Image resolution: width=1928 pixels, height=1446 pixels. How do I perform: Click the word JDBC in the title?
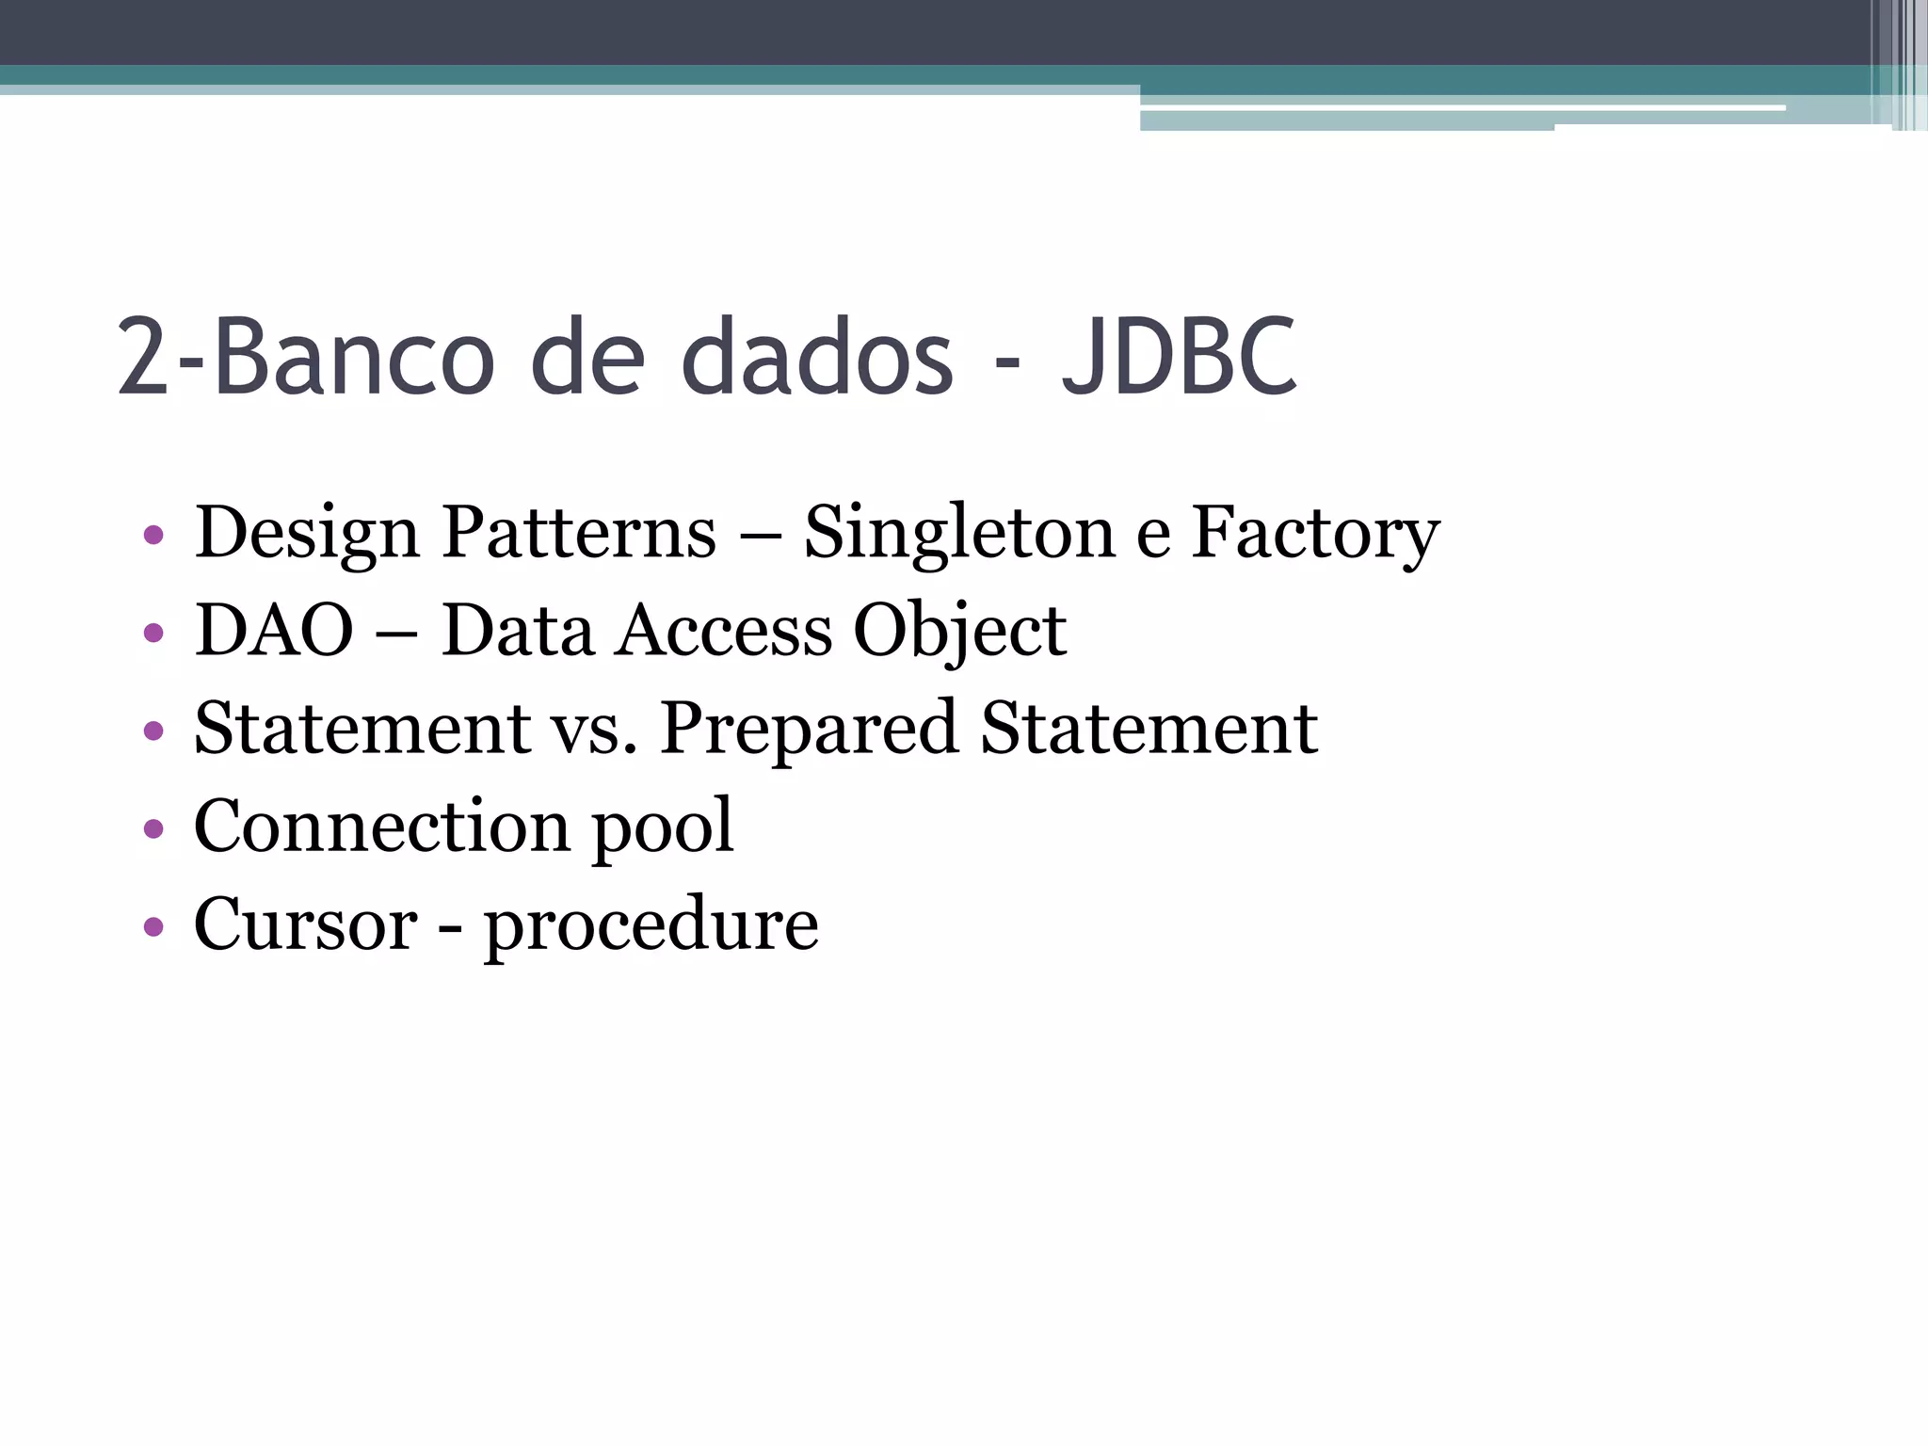(x=1180, y=357)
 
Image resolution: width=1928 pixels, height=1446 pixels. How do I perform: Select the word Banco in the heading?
(x=354, y=357)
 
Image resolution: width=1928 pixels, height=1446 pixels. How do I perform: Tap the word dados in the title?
(x=817, y=357)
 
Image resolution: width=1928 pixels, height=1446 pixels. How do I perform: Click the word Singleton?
(x=959, y=533)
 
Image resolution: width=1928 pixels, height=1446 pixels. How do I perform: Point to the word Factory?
(x=1315, y=533)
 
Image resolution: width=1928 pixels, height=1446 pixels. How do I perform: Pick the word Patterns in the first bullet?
(x=579, y=533)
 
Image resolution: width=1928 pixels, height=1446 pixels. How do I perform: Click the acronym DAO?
(x=274, y=630)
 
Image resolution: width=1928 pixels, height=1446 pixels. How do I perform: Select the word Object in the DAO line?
(x=959, y=632)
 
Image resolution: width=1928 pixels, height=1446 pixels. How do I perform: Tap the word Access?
(x=724, y=630)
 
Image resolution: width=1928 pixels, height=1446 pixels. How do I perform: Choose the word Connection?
(x=382, y=826)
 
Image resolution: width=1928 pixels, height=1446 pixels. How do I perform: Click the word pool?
(x=662, y=827)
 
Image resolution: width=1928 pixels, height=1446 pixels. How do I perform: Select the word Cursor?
(x=305, y=924)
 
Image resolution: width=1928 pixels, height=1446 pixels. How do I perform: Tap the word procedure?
(x=651, y=925)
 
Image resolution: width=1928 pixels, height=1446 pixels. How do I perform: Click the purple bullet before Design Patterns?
(x=153, y=536)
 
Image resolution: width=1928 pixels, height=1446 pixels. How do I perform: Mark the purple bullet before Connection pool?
(x=153, y=828)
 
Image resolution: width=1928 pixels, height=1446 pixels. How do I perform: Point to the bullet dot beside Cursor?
(x=153, y=926)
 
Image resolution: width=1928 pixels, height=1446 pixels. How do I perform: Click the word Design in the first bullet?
(x=307, y=533)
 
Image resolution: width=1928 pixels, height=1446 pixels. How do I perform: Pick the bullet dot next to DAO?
(x=153, y=633)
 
